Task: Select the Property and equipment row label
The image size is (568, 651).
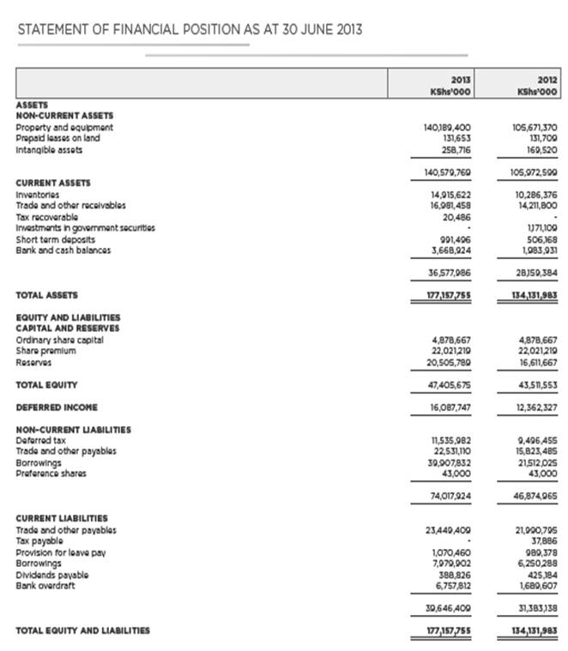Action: tap(64, 128)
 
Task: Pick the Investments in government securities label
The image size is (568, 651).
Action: tap(86, 227)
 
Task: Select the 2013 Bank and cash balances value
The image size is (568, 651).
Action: tap(450, 250)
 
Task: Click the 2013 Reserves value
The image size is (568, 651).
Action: tap(450, 361)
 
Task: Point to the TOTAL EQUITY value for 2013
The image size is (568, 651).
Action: tap(450, 383)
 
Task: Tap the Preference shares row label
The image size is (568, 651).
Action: tap(51, 472)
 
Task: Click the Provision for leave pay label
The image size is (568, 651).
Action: tap(60, 552)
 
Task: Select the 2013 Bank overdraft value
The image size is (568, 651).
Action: tap(452, 585)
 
